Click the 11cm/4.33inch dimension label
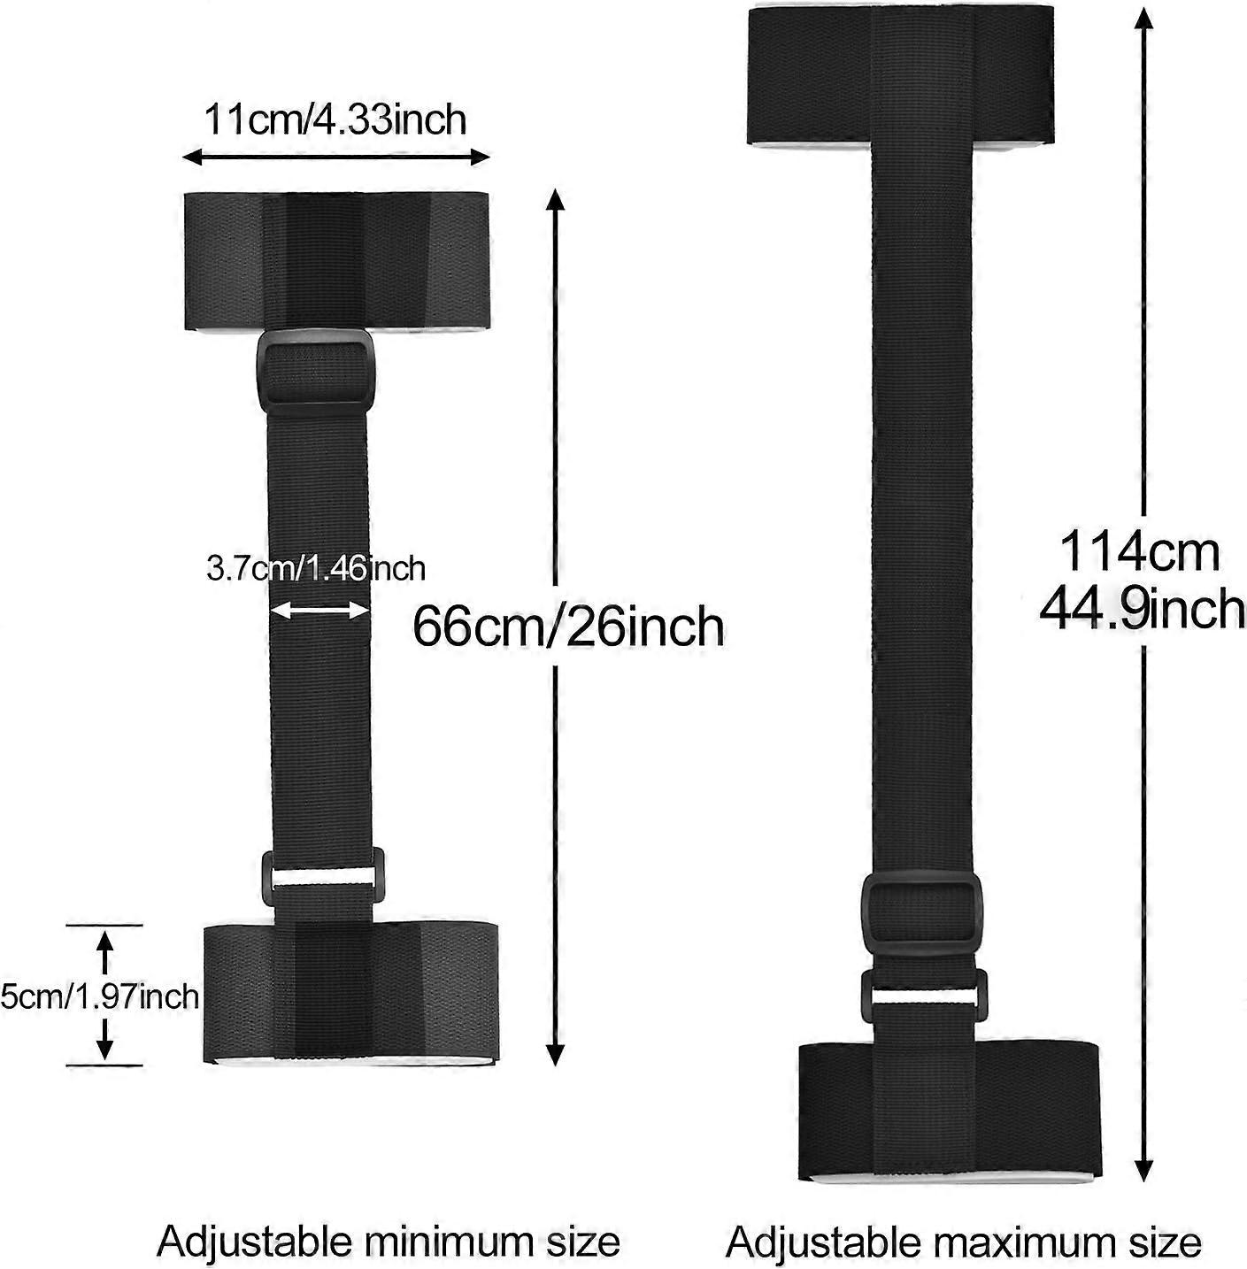335,119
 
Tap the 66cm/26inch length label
568,627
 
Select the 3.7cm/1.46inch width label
316,568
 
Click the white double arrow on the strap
320,611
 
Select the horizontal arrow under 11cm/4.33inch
336,157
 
